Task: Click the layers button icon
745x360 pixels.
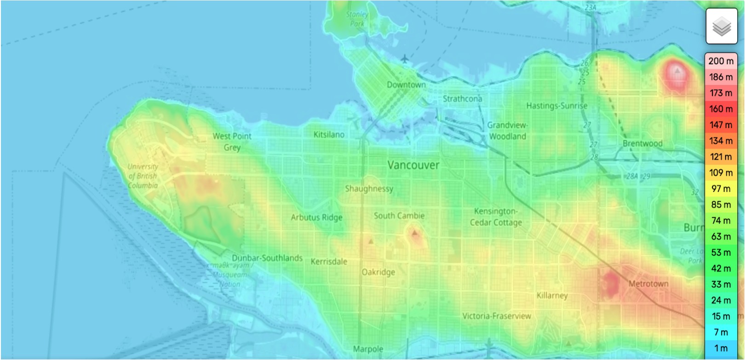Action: tap(721, 26)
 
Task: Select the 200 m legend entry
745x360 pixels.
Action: tap(721, 61)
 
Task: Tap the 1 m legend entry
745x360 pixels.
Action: tap(721, 348)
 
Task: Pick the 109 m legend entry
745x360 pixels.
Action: tap(721, 172)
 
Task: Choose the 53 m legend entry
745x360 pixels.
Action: tap(721, 252)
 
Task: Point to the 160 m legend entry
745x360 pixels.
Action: tap(721, 109)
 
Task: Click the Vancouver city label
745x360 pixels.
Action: tap(413, 165)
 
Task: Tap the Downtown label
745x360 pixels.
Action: tap(406, 85)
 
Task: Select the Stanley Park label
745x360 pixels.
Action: tap(357, 19)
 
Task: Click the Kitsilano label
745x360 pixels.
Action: tap(329, 135)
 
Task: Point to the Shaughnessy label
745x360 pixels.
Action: tap(369, 189)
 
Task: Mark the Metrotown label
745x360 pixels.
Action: tap(648, 284)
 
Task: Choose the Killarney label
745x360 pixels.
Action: tap(552, 295)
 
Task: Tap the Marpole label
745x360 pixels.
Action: tap(368, 349)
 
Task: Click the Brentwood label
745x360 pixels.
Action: tap(642, 143)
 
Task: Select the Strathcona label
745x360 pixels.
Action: tap(462, 99)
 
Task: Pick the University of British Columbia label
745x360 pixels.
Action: tap(143, 176)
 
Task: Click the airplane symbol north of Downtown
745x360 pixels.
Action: tap(404, 59)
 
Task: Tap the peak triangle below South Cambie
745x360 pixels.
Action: tap(415, 233)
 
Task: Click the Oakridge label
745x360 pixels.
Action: tap(378, 272)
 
